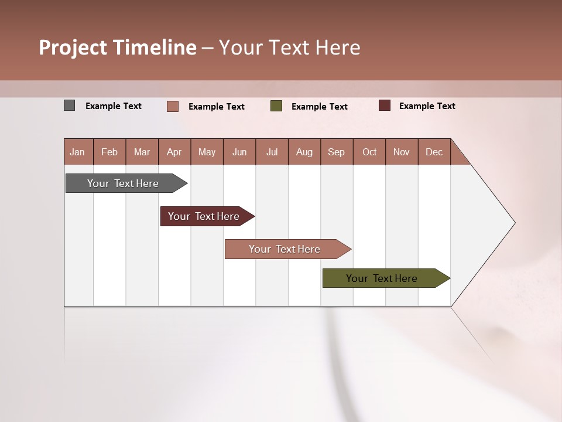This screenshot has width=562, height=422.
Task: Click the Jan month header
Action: tap(78, 152)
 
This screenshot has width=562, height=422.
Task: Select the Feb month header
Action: tap(109, 152)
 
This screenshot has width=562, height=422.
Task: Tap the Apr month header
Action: tap(174, 152)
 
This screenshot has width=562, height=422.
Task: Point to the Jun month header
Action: tap(239, 152)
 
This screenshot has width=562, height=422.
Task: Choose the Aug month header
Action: tap(304, 152)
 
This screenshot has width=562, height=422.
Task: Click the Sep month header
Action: tap(337, 152)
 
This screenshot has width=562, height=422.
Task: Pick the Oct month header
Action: tap(369, 152)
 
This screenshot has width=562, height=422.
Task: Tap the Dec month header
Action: tap(434, 152)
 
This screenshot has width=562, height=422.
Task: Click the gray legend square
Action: tap(69, 105)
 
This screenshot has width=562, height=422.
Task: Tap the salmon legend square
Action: tap(173, 106)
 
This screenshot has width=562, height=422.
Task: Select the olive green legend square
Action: tap(276, 106)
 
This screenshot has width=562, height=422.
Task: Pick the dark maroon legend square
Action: tap(384, 105)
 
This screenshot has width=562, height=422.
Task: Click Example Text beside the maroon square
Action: tap(427, 106)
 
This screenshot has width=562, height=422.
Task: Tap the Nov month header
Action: tap(402, 152)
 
